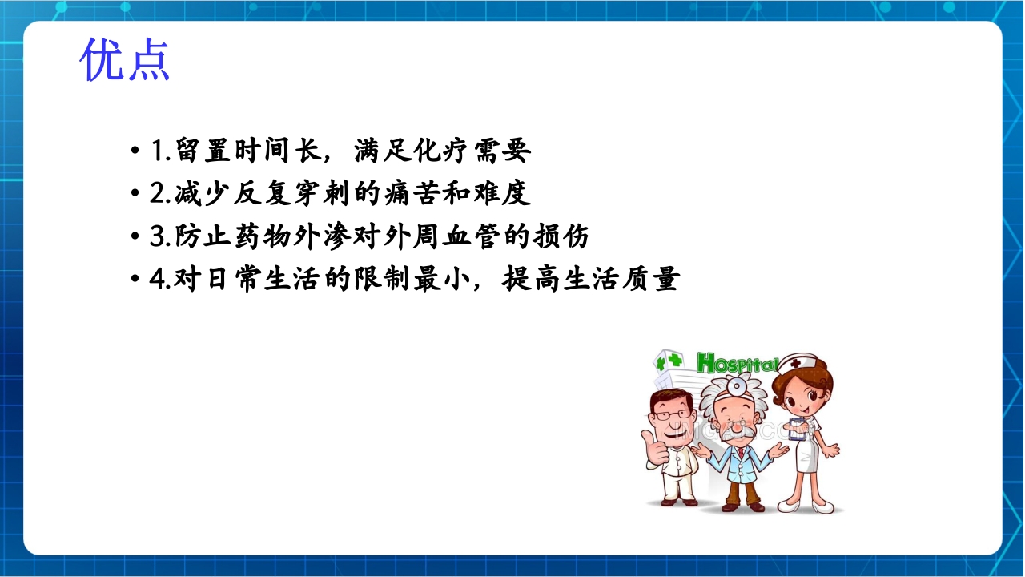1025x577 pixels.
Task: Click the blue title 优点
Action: tap(125, 59)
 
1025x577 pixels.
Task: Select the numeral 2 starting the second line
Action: tap(157, 195)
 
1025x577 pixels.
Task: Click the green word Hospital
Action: tap(736, 364)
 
